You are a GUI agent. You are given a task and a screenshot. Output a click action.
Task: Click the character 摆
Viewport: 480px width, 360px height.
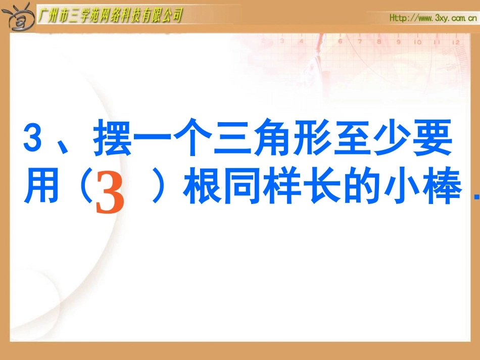[x=112, y=138]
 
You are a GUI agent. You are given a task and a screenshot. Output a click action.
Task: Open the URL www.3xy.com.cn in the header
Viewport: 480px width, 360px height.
[x=434, y=19]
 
